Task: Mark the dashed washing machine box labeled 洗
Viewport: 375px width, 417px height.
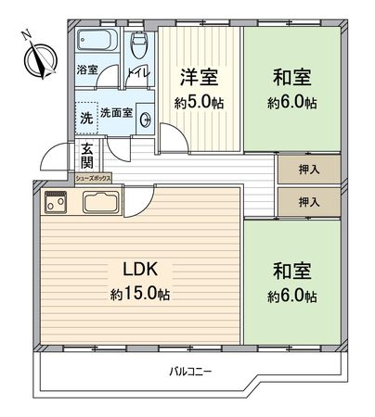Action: [85, 117]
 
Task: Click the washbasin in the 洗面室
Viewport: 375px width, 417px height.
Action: [143, 108]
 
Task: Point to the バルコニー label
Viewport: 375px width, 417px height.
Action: [190, 372]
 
